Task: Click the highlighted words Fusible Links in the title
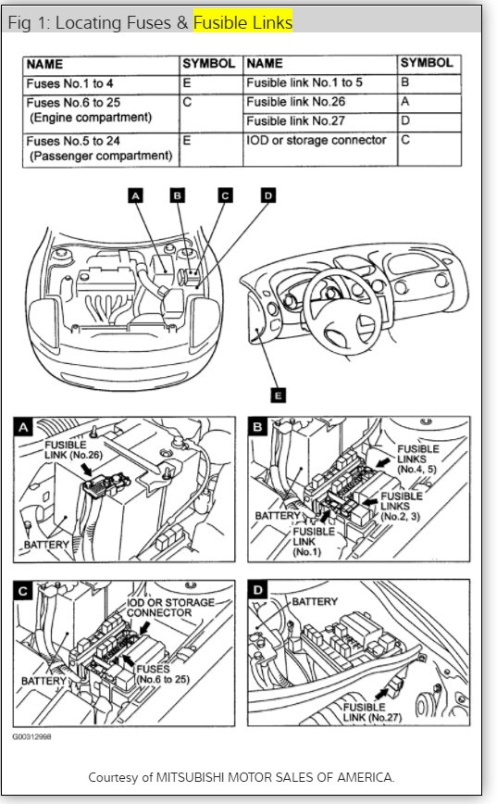pos(242,22)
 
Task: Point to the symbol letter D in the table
pos(405,121)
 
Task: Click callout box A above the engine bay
pos(136,195)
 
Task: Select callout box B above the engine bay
pos(178,195)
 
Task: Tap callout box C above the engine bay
pos(225,195)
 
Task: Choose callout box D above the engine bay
pos(268,195)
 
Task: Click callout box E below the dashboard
pos(279,396)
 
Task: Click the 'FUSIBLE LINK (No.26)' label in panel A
pos(73,449)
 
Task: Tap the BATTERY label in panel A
pos(46,545)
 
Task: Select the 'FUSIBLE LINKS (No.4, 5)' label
pos(418,459)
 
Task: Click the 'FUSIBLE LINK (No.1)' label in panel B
pos(314,542)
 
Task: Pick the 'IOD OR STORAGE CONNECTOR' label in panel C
pos(170,608)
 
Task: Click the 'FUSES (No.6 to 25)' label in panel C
pos(162,674)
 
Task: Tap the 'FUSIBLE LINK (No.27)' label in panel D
pos(372,712)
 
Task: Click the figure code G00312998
pos(31,736)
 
